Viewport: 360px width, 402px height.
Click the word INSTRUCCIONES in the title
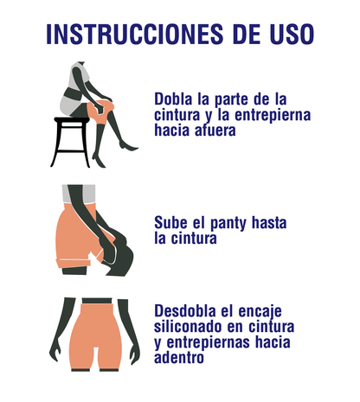135,34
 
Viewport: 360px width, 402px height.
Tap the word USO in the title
292,34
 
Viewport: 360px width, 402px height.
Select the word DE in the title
247,34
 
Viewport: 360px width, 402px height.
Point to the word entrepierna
273,115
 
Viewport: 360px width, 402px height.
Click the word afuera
215,130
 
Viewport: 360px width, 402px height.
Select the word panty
228,224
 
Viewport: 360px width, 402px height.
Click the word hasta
269,223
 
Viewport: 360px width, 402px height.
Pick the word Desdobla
185,311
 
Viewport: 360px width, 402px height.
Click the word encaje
260,312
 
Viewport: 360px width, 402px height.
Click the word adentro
179,358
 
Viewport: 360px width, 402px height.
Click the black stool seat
72,119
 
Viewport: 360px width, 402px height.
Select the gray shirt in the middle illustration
79,194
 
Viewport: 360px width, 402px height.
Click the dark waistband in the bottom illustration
97,301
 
